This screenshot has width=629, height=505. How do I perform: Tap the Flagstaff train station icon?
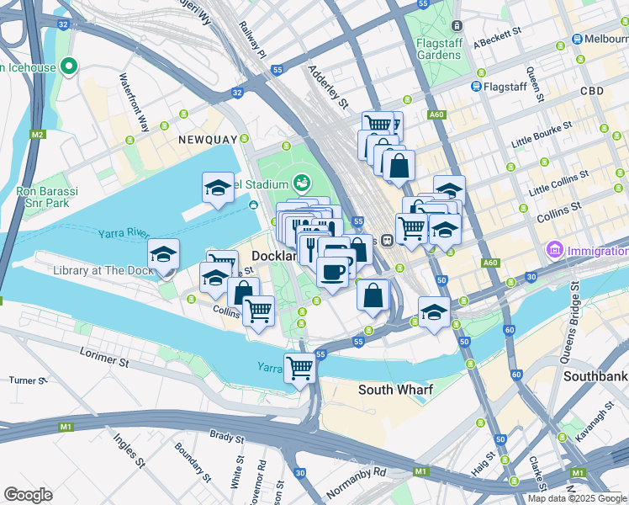coord(476,85)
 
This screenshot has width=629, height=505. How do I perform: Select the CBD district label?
coord(591,90)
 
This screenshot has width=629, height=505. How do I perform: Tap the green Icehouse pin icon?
coord(69,66)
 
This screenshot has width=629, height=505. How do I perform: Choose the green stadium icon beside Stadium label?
coord(301,183)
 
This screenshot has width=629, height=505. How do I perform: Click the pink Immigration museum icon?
coord(554,250)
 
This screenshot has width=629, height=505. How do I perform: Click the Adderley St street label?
coord(328,87)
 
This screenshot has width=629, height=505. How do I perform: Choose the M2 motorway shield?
coord(37,134)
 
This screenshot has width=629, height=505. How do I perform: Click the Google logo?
coord(28,495)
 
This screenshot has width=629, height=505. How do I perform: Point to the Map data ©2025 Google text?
coord(576,498)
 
